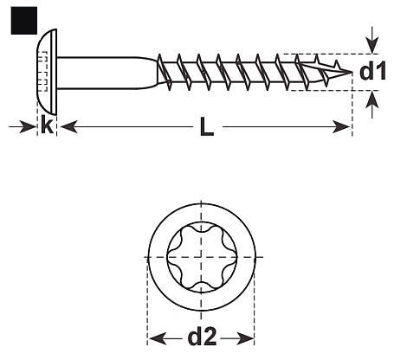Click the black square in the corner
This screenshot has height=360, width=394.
(x=24, y=21)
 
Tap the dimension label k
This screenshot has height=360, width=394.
(x=47, y=125)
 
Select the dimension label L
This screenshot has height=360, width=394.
(x=207, y=127)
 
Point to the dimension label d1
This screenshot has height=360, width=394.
(x=372, y=72)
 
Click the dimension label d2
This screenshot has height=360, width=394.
(x=202, y=337)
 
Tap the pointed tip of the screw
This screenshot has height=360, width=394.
(x=352, y=72)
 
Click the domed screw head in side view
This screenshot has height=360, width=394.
(x=47, y=72)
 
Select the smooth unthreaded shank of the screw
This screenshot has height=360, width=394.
(x=107, y=73)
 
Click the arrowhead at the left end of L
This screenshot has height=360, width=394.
(x=69, y=126)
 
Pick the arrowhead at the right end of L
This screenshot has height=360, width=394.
(x=341, y=126)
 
